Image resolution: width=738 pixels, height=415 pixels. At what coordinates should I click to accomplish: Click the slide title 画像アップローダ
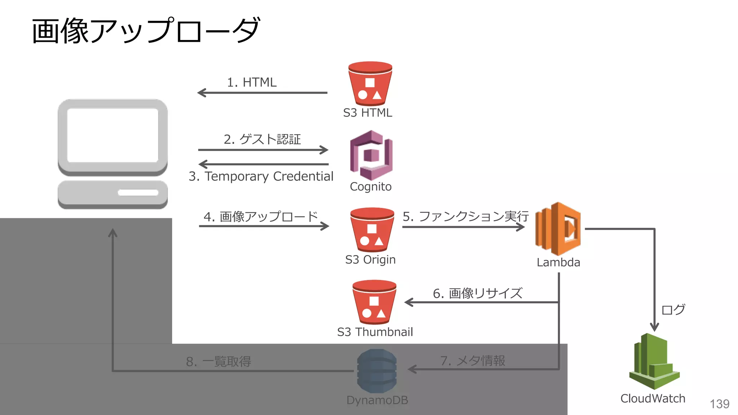pyautogui.click(x=146, y=31)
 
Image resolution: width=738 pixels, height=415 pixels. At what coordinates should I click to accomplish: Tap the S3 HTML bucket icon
pyautogui.click(x=370, y=84)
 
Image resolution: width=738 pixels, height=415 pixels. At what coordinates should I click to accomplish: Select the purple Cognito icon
pyautogui.click(x=371, y=155)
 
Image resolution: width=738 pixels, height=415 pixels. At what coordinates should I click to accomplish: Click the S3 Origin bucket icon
pyautogui.click(x=372, y=229)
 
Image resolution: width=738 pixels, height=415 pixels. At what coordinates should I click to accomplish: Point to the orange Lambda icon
pyautogui.click(x=558, y=229)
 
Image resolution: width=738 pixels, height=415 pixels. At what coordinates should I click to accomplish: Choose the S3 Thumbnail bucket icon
pyautogui.click(x=374, y=302)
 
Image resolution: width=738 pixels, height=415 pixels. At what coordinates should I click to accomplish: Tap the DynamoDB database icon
pyautogui.click(x=377, y=371)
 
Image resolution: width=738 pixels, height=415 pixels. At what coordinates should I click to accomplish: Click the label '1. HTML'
pyautogui.click(x=252, y=82)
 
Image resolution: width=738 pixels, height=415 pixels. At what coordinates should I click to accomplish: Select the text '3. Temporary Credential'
pyautogui.click(x=261, y=176)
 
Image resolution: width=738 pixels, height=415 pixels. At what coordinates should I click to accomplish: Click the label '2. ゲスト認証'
pyautogui.click(x=262, y=139)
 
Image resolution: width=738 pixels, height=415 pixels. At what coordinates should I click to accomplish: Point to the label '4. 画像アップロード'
pyautogui.click(x=261, y=217)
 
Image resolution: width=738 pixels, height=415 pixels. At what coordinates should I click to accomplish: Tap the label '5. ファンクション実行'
pyautogui.click(x=465, y=216)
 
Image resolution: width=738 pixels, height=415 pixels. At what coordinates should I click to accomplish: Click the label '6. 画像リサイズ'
pyautogui.click(x=477, y=293)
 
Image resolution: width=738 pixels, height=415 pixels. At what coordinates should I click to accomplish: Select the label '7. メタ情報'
pyautogui.click(x=472, y=361)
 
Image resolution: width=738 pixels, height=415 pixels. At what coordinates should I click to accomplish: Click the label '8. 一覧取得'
pyautogui.click(x=218, y=361)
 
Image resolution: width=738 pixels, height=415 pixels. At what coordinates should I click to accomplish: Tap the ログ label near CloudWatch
pyautogui.click(x=673, y=309)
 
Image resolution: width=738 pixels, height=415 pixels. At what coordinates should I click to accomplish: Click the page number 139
pyautogui.click(x=719, y=404)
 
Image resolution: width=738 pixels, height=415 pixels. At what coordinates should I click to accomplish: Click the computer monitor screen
pyautogui.click(x=113, y=135)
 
